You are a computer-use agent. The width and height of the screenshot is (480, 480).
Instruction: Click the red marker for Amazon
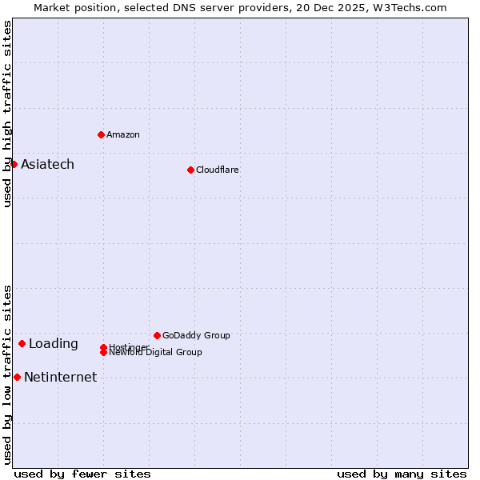click(101, 134)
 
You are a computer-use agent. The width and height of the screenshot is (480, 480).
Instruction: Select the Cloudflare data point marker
click(190, 170)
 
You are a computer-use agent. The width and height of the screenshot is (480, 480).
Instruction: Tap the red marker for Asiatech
click(14, 164)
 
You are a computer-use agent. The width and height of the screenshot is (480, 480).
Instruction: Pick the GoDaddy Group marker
click(157, 335)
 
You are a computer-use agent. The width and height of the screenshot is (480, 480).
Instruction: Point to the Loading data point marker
click(22, 343)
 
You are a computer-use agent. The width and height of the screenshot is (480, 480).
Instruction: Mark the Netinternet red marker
click(17, 377)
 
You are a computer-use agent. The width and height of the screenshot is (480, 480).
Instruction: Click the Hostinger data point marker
click(103, 347)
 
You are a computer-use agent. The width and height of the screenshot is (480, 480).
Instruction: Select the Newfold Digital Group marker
click(103, 353)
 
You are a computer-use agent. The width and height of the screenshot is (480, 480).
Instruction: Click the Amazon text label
click(123, 134)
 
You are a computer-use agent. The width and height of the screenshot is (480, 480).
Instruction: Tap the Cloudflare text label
click(218, 170)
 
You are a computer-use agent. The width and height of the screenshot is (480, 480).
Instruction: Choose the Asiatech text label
click(47, 164)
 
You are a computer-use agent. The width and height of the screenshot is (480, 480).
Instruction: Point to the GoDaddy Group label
click(196, 335)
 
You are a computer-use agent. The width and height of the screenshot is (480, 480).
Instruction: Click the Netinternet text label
click(60, 377)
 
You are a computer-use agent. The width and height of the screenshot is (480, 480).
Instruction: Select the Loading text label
click(54, 343)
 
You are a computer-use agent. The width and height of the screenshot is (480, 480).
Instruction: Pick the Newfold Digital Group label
click(156, 353)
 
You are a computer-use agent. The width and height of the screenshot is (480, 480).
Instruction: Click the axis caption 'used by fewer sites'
click(82, 474)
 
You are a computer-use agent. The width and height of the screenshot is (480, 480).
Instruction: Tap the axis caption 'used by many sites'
click(402, 474)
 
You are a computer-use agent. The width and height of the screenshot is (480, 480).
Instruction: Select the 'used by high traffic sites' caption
click(7, 114)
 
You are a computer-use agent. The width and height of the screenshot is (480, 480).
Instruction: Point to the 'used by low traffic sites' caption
click(7, 374)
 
